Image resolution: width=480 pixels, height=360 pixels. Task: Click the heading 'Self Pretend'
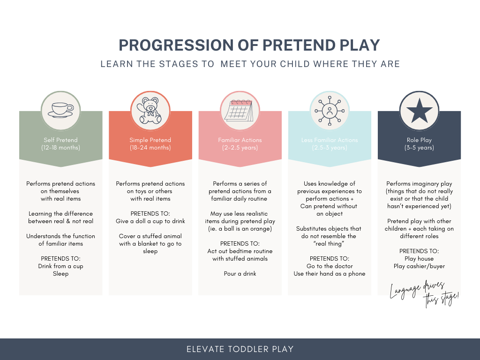coord(60,140)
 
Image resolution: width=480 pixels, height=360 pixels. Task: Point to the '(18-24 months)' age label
coord(150,148)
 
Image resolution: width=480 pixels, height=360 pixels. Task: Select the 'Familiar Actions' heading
coord(240,140)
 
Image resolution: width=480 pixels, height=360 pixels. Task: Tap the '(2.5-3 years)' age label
coord(330,148)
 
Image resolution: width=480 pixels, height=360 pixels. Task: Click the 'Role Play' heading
coord(419,140)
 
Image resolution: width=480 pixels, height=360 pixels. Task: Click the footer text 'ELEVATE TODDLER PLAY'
coord(240,349)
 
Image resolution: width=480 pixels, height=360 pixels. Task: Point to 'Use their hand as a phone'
coord(330,274)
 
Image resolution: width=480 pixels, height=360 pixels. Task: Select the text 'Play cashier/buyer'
coord(419,266)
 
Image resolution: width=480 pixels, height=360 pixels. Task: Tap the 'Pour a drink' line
coord(240,274)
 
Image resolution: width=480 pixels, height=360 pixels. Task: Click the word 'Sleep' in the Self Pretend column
coord(60,274)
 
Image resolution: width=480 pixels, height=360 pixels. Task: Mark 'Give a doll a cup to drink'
coord(150,221)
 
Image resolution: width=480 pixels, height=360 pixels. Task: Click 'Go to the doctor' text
coord(330,266)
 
